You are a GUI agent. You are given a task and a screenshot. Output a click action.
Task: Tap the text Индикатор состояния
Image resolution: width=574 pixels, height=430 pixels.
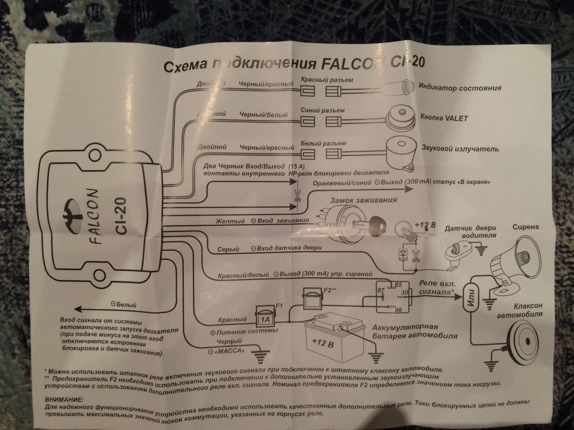460,87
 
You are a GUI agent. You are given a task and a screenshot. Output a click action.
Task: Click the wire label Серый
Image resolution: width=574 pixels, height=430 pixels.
228,249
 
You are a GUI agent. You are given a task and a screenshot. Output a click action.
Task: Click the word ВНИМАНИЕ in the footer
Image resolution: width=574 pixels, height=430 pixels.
64,399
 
